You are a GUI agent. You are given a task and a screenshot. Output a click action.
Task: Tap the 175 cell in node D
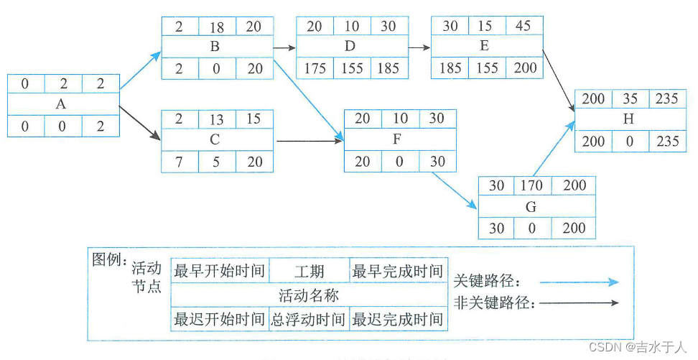click(315, 69)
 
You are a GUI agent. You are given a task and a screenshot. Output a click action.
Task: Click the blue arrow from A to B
click(141, 71)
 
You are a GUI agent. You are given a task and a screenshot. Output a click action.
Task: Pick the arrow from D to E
click(419, 48)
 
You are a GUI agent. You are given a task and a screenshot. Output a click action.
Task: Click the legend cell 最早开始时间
click(220, 272)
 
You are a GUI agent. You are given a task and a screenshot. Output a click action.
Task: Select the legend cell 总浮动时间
click(308, 319)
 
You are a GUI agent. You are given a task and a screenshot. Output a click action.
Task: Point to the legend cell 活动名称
click(308, 295)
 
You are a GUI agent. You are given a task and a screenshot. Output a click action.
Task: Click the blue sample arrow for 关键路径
click(579, 282)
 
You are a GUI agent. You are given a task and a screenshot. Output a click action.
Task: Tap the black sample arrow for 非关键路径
click(579, 303)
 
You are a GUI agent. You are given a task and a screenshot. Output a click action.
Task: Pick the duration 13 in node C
click(216, 119)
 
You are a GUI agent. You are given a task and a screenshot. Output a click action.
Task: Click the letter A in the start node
click(61, 105)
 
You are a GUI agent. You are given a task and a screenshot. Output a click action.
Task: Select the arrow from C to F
click(310, 142)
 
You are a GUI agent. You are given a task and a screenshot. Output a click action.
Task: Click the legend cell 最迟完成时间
click(397, 319)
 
